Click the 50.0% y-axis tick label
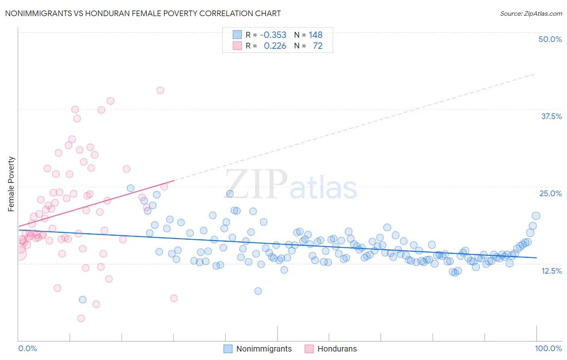[550, 39]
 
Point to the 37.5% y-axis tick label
[551, 116]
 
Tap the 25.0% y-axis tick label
[550, 193]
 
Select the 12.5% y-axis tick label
[551, 271]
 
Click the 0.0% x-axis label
[27, 348]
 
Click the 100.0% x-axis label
[548, 348]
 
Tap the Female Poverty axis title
[11, 184]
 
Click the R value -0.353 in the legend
[273, 35]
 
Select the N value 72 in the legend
[318, 46]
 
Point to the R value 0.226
[275, 46]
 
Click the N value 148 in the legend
[315, 35]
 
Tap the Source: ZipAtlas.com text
[531, 13]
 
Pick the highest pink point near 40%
[160, 90]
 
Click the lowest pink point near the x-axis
[81, 318]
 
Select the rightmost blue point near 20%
[536, 216]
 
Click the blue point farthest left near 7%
[83, 299]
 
